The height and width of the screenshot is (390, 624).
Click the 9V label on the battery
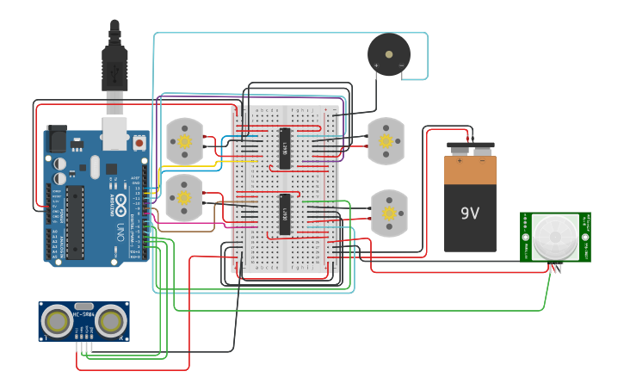(470, 213)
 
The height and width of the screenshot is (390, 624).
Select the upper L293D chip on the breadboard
(285, 147)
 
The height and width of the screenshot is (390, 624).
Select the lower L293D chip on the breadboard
(285, 214)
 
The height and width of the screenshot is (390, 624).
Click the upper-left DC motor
(182, 141)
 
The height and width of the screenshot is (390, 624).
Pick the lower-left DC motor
(183, 197)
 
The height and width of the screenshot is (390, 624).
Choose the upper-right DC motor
(386, 141)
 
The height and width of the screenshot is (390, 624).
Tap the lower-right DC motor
(388, 213)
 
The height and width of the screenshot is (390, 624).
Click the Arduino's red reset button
(139, 140)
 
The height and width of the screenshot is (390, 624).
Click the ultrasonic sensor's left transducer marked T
(58, 321)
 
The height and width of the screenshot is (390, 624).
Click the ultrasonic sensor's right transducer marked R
(110, 321)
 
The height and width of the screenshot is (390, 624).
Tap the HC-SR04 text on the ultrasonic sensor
(83, 318)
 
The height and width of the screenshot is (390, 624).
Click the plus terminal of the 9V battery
(460, 159)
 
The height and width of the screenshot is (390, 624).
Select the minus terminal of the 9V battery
(482, 159)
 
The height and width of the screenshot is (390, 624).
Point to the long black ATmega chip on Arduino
(75, 221)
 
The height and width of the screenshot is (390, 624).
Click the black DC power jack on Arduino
(56, 139)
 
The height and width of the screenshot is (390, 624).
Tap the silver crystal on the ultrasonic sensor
(83, 306)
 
